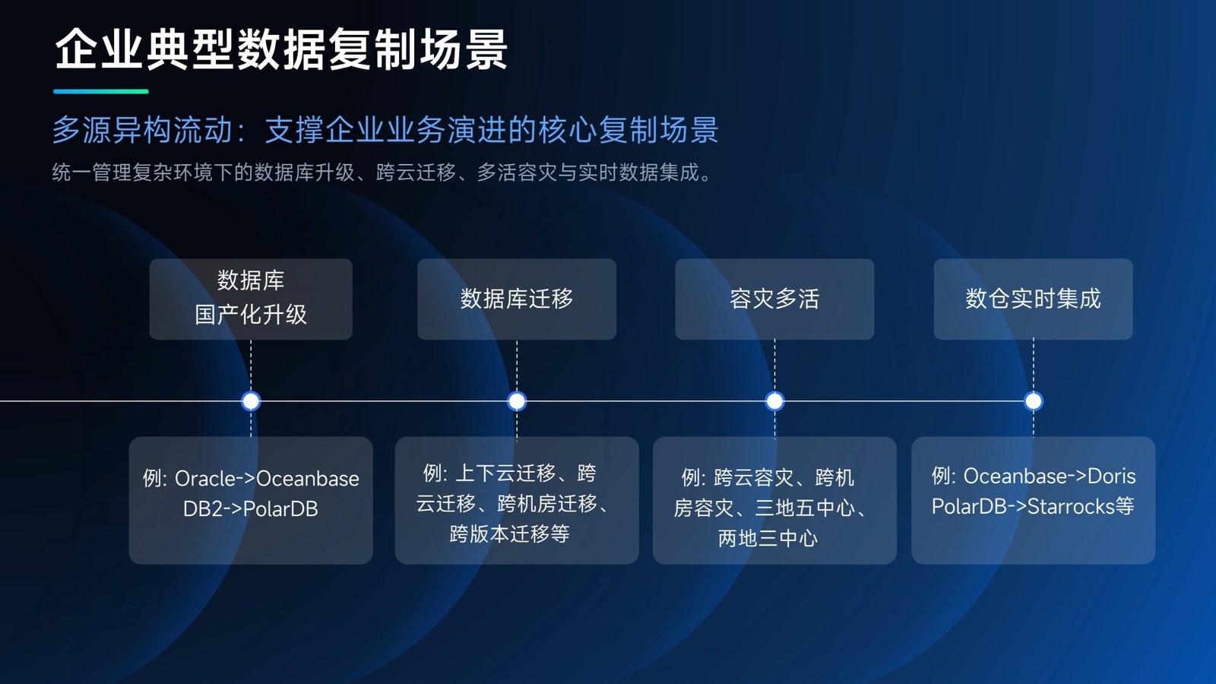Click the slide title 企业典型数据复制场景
(x=281, y=49)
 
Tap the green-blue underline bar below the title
(x=101, y=91)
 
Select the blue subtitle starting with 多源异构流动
(x=385, y=130)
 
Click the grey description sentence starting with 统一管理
(x=382, y=172)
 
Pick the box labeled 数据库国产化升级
(x=251, y=299)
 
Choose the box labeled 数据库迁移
(x=517, y=299)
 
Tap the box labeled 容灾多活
(x=774, y=299)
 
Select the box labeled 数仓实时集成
(x=1033, y=299)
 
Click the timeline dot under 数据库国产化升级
(x=251, y=401)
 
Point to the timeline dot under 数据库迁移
(x=517, y=401)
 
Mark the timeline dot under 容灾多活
(x=774, y=401)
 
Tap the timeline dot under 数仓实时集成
(x=1033, y=401)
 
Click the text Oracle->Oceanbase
(x=267, y=479)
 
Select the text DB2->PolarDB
(x=250, y=509)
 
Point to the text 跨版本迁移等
(x=509, y=534)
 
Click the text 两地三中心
(x=768, y=539)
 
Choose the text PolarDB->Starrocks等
(x=1033, y=506)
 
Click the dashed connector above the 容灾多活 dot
(x=774, y=366)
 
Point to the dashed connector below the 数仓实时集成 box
(x=1033, y=366)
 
